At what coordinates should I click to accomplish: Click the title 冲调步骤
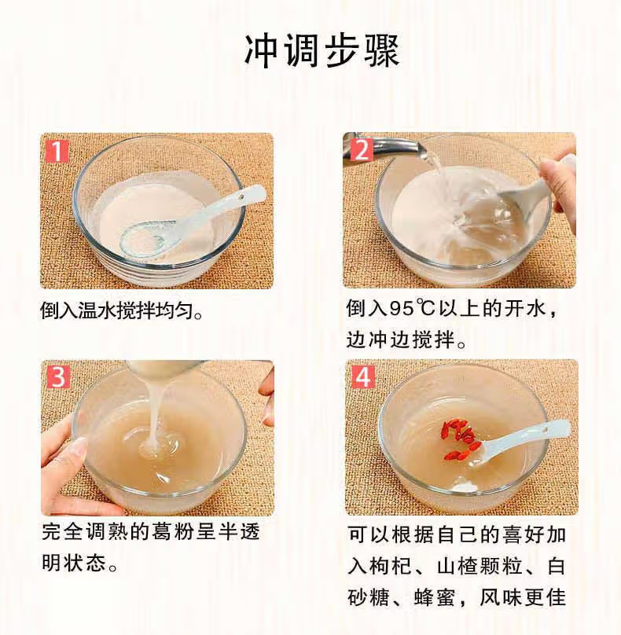pyautogui.click(x=322, y=51)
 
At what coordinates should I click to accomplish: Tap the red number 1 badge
pyautogui.click(x=57, y=151)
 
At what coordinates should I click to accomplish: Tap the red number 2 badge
pyautogui.click(x=362, y=149)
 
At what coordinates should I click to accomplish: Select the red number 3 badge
pyautogui.click(x=58, y=377)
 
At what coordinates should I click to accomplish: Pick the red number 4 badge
pyautogui.click(x=363, y=376)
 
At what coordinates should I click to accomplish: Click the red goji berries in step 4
pyautogui.click(x=461, y=440)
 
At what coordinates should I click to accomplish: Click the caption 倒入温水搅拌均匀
pyautogui.click(x=121, y=311)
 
